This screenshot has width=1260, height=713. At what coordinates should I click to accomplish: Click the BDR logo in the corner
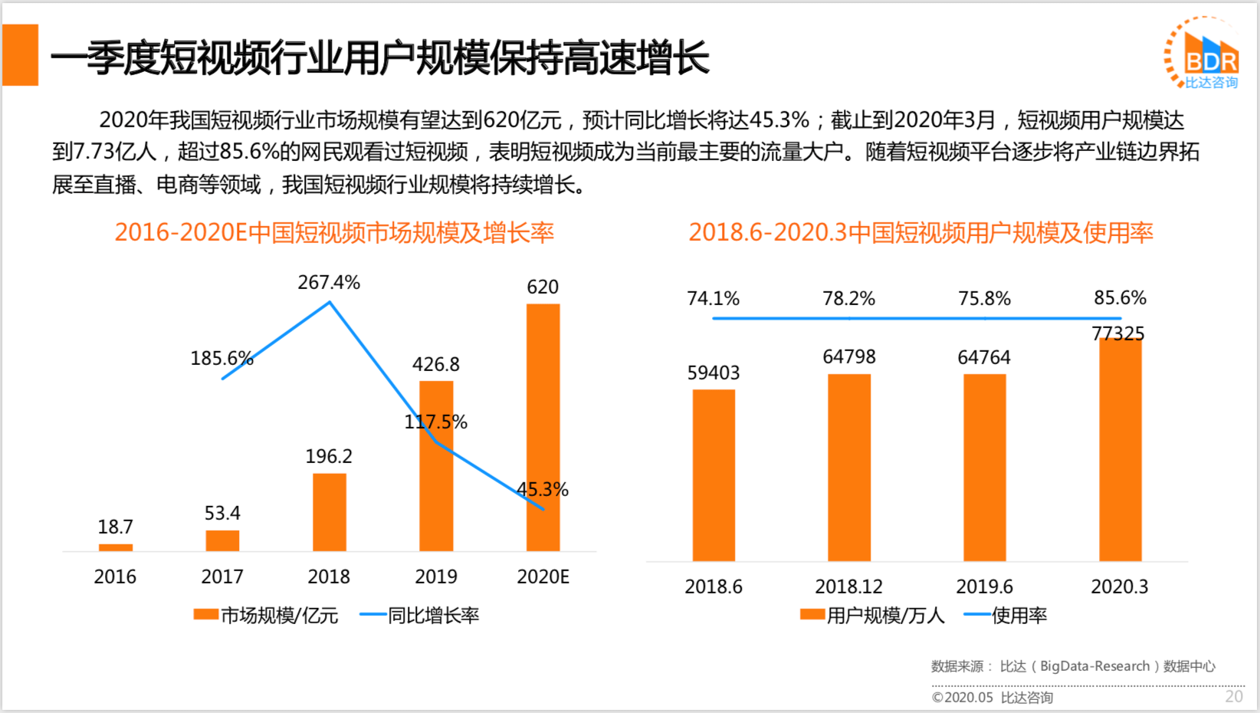1203,54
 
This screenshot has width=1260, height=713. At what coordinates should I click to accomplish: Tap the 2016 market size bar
116,547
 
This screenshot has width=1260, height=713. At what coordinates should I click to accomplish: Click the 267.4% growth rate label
329,282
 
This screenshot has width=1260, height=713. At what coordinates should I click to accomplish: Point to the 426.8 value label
435,364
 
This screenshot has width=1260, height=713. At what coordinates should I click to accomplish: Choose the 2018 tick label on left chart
329,577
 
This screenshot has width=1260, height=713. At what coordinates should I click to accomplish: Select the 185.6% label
221,358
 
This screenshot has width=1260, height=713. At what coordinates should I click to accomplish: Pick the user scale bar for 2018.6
714,475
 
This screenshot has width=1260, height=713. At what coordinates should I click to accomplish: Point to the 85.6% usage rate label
1120,297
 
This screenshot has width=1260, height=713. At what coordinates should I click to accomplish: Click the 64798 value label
848,356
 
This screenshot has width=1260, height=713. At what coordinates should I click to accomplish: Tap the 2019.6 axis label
984,586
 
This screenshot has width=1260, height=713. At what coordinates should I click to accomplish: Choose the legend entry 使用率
1006,615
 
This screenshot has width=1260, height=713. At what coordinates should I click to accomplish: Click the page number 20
1233,696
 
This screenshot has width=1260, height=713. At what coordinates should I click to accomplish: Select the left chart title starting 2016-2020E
334,232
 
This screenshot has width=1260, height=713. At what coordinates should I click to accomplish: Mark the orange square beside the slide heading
21,54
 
